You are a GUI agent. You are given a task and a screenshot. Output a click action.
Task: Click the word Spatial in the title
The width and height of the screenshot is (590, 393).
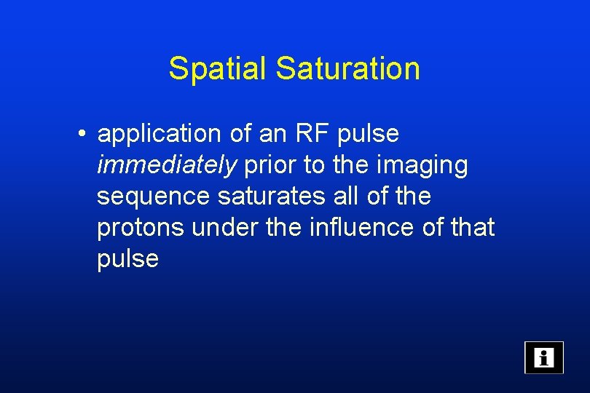coord(218,69)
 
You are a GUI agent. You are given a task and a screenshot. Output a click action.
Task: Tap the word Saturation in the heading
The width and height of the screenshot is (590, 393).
coord(347,69)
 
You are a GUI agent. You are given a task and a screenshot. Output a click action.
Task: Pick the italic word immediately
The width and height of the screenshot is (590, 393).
coord(167,166)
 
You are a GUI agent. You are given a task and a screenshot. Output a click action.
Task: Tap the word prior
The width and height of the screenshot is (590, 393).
coord(271,166)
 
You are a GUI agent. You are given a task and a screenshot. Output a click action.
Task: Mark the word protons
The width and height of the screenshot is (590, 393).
coord(141,229)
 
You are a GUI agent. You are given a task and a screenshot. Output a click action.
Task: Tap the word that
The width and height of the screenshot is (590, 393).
coord(472,228)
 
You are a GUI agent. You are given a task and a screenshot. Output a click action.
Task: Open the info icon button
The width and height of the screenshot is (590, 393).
coord(544,357)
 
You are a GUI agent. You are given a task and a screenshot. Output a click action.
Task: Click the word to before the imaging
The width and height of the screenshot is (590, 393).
coord(315,166)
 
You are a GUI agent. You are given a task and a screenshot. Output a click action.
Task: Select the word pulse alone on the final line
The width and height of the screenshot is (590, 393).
coord(128,259)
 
